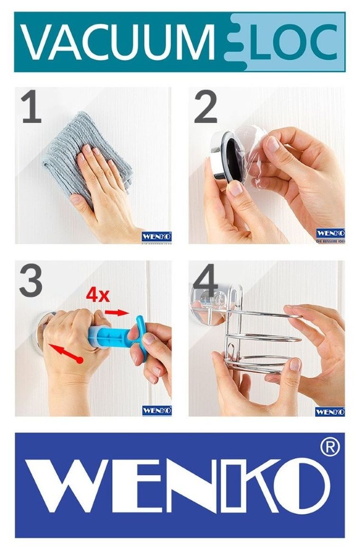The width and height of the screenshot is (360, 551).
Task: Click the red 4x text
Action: click(x=98, y=295)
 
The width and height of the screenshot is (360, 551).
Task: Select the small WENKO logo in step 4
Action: click(x=330, y=411)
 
